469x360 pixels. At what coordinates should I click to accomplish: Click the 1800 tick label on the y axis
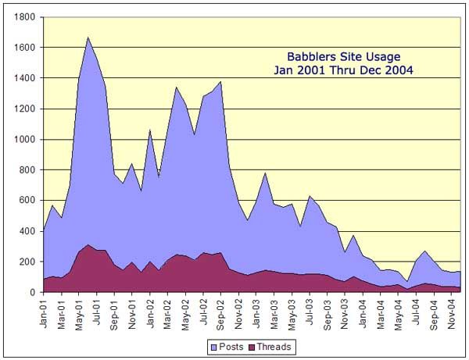click(x=23, y=17)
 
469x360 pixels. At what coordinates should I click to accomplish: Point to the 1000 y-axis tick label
click(x=23, y=140)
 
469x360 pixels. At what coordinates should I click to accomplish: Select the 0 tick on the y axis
click(x=33, y=293)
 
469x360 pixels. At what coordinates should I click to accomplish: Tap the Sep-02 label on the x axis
click(x=220, y=311)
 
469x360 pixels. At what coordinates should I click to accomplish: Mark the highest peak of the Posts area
click(x=88, y=37)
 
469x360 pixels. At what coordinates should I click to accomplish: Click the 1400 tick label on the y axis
click(x=23, y=79)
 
